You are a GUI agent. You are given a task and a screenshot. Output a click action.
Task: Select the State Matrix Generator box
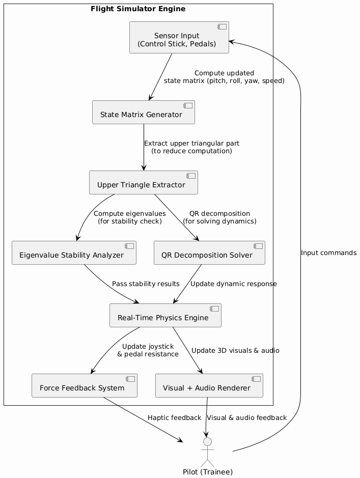coord(144,113)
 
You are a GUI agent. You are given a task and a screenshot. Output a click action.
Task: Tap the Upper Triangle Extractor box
coord(144,183)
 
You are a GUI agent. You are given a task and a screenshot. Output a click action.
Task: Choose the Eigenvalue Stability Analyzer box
coord(74,253)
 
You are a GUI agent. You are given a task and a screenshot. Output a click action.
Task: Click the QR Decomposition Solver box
coord(209,253)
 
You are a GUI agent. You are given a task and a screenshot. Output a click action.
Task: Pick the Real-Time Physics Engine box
coord(165,316)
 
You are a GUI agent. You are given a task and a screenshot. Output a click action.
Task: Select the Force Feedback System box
coord(85,386)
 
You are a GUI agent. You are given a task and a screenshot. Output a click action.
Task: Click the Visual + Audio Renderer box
coord(209,386)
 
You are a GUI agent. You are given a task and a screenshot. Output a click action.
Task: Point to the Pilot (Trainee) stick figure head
coord(207,441)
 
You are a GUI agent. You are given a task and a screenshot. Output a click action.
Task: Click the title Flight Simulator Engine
coord(138,9)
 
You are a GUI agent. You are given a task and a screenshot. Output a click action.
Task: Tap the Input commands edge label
coord(328,254)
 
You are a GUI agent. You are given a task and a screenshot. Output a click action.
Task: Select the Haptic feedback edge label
coord(174,418)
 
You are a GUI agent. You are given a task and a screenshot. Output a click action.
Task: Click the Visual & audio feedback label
coord(247,418)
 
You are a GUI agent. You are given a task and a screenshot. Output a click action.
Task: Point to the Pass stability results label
coord(146,284)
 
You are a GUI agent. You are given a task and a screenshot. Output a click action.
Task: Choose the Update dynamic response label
coord(233,284)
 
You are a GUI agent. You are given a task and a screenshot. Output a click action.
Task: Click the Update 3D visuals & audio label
coord(235,351)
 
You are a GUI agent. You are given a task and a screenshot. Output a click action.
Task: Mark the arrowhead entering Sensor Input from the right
coord(231,41)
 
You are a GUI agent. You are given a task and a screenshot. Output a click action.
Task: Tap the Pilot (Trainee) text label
coord(208,472)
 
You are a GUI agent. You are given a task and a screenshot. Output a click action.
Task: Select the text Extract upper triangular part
coord(191,144)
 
